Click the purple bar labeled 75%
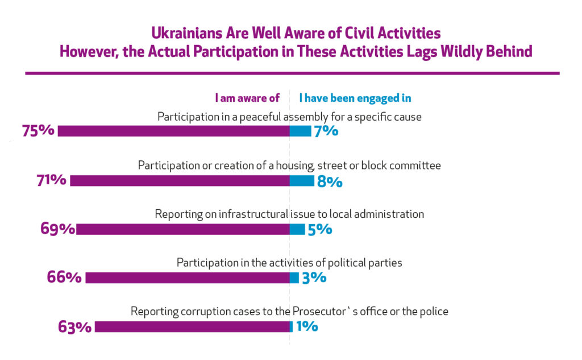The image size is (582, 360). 174,131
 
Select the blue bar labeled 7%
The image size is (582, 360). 301,131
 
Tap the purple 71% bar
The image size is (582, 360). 180,180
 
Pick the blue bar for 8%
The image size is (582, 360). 302,180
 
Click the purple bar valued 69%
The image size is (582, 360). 183,229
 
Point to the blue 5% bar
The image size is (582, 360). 297,229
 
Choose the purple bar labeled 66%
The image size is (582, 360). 188,278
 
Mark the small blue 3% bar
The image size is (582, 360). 294,278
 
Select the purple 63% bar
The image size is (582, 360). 192,326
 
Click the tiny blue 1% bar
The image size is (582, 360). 292,326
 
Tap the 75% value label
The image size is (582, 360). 38,131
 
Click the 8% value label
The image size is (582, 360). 330,181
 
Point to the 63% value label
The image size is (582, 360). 74,328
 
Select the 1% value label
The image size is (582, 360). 307,326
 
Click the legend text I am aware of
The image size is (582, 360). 247,98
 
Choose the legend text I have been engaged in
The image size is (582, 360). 355,98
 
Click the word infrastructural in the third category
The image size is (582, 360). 253,214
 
